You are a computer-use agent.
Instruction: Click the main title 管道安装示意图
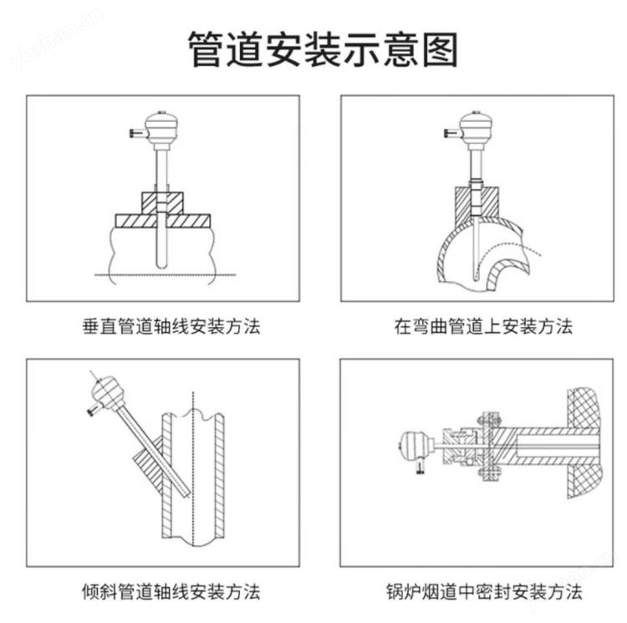point(323,49)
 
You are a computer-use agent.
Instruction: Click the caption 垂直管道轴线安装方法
point(171,326)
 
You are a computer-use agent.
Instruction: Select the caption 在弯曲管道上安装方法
point(483,326)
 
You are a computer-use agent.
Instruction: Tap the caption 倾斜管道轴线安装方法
point(171,591)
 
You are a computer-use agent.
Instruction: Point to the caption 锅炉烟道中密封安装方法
point(484,591)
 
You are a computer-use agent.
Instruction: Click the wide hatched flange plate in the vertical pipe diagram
point(163,221)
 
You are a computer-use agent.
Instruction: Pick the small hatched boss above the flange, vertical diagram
point(163,202)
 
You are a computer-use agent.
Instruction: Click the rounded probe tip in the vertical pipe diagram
point(161,265)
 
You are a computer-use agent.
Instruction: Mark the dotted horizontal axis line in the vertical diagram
point(166,275)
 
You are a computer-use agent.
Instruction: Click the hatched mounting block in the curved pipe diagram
point(477,205)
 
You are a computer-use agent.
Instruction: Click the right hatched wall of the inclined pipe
point(220,476)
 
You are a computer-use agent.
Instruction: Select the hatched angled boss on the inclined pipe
point(149,467)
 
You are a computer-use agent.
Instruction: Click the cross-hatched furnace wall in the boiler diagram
point(584,443)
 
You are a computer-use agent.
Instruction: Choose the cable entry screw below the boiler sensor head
point(420,467)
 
